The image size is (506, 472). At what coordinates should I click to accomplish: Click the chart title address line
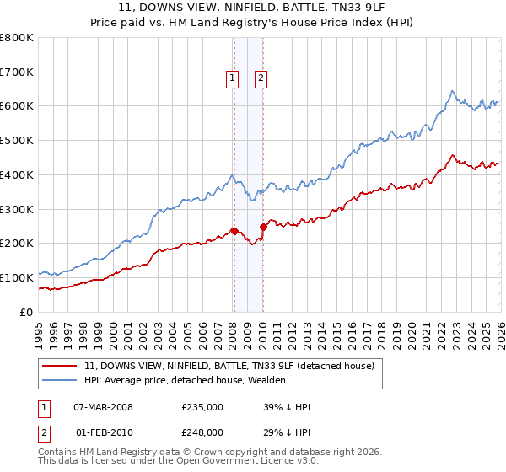pyautogui.click(x=253, y=7)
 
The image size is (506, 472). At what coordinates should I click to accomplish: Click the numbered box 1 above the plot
pyautogui.click(x=233, y=78)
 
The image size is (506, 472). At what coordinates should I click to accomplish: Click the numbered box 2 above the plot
pyautogui.click(x=261, y=78)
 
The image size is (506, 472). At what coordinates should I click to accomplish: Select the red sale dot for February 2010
pyautogui.click(x=262, y=227)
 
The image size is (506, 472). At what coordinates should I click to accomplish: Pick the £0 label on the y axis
pyautogui.click(x=27, y=312)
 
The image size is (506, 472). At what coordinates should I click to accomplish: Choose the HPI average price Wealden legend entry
pyautogui.click(x=186, y=380)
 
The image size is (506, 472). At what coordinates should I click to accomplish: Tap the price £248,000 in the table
pyautogui.click(x=202, y=432)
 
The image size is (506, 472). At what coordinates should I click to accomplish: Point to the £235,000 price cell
pyautogui.click(x=202, y=407)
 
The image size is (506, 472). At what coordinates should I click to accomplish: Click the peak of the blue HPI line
pyautogui.click(x=453, y=91)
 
